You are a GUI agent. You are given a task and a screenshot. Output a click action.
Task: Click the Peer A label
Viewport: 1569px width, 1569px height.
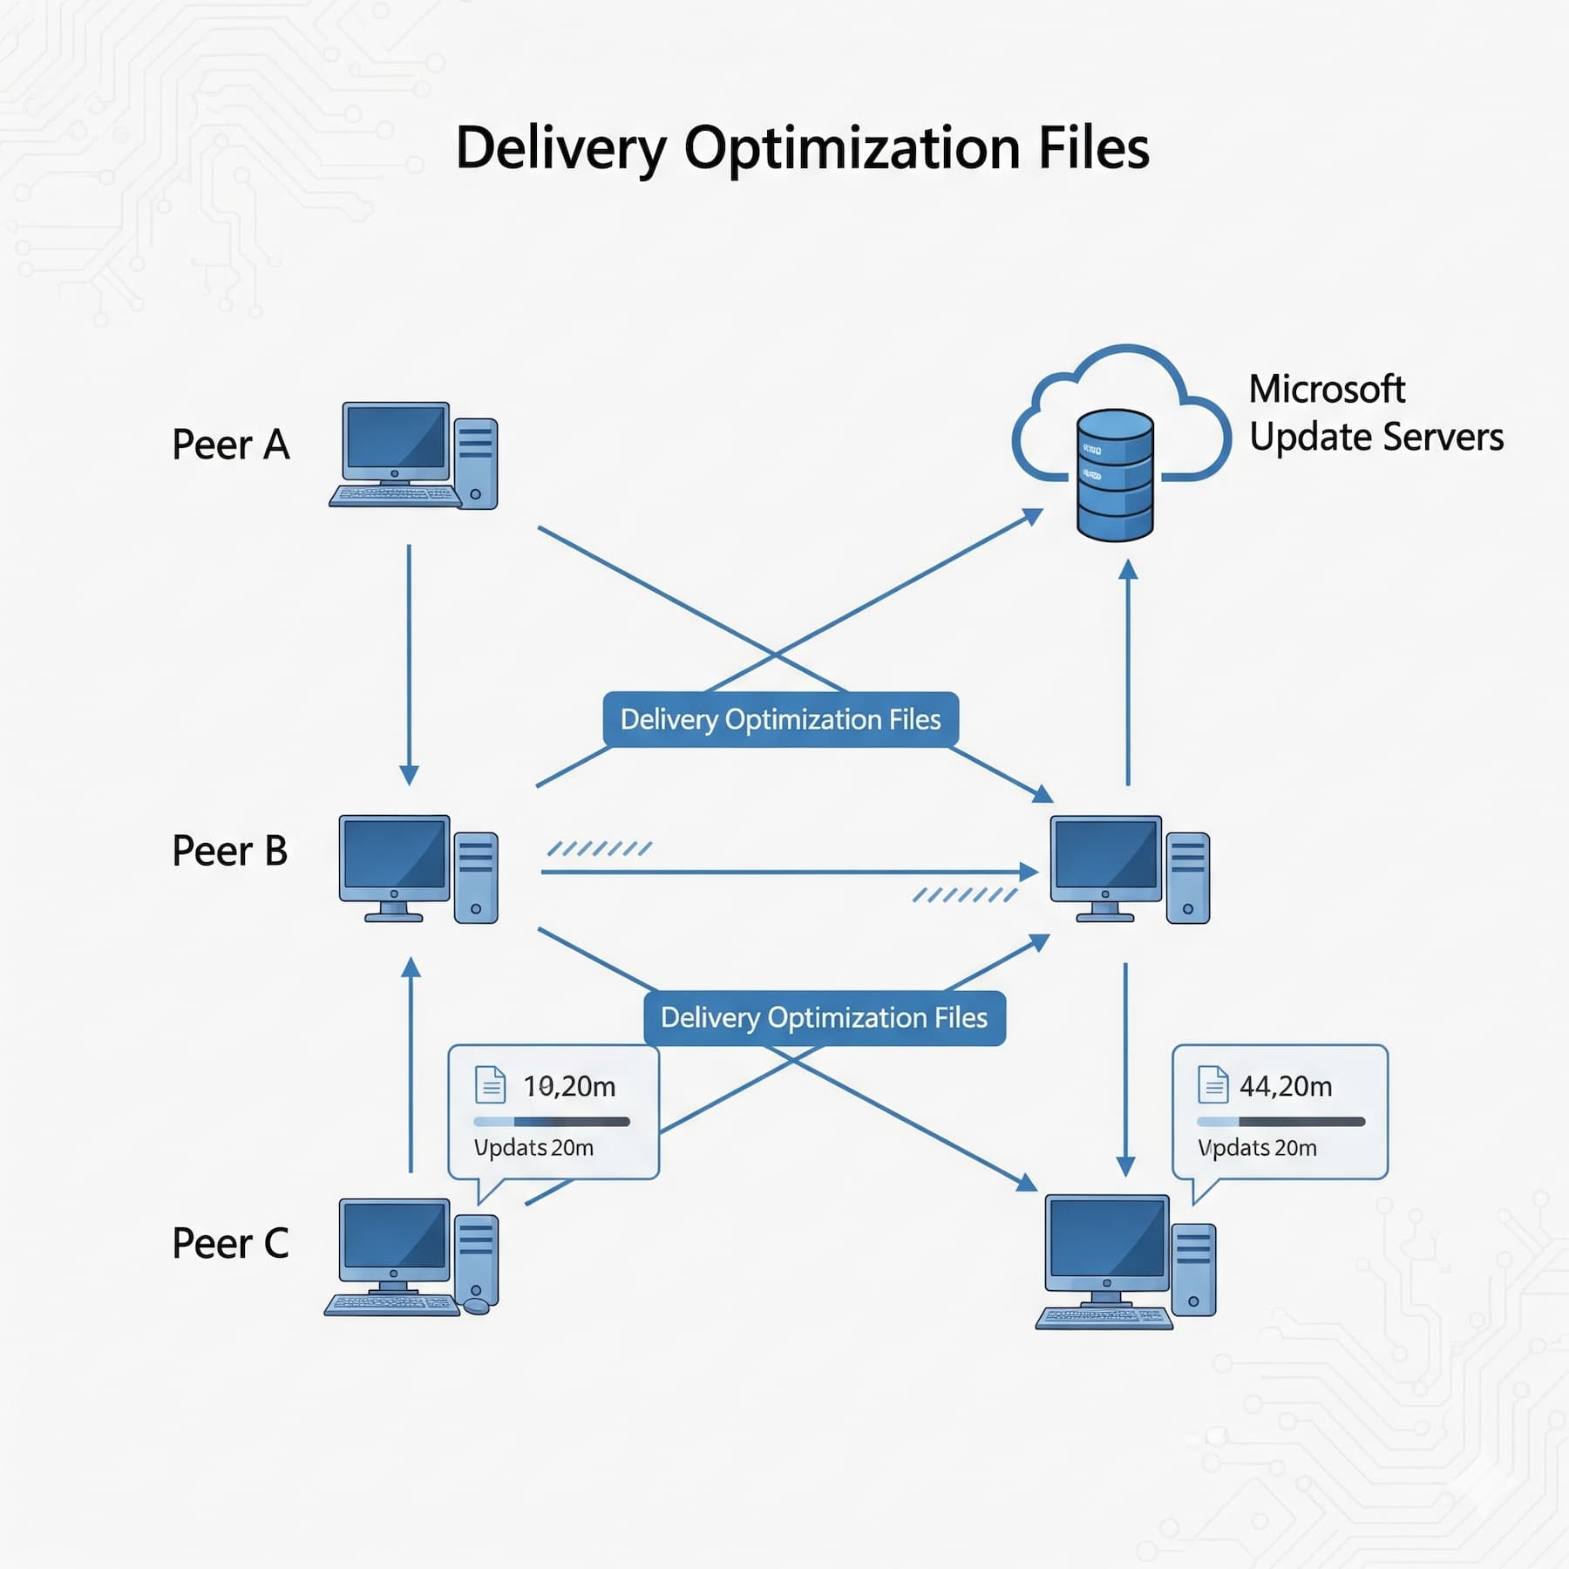pyautogui.click(x=230, y=445)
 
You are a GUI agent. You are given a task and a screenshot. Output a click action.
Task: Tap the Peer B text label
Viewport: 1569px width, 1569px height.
pyautogui.click(x=229, y=851)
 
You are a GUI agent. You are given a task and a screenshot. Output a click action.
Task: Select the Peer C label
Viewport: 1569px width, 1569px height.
pyautogui.click(x=230, y=1243)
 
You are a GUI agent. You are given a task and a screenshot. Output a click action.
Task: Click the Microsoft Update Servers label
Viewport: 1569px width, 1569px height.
pyautogui.click(x=1375, y=413)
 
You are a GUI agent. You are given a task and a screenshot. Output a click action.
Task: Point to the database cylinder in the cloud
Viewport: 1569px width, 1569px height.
pyautogui.click(x=1115, y=475)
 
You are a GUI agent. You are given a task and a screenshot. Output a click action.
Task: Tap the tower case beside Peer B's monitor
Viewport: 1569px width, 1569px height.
pyautogui.click(x=476, y=877)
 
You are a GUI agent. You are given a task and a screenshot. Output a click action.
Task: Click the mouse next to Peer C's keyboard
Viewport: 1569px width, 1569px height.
pyautogui.click(x=476, y=1305)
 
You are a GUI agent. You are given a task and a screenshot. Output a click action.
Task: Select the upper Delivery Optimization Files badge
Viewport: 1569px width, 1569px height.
pyautogui.click(x=780, y=719)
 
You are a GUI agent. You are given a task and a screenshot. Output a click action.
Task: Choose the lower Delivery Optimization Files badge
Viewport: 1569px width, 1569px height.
pyautogui.click(x=824, y=1017)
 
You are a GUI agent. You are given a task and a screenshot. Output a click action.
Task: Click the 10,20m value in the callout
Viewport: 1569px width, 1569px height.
pyautogui.click(x=569, y=1086)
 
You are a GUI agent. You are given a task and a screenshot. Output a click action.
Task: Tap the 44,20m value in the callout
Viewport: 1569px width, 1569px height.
pyautogui.click(x=1286, y=1086)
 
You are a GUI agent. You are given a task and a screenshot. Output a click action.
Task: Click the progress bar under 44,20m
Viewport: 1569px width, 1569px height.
pyautogui.click(x=1280, y=1122)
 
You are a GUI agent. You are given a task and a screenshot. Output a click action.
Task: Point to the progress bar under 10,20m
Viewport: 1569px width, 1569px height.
pyautogui.click(x=551, y=1122)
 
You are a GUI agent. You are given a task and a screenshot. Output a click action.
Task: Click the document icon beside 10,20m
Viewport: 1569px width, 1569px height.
pyautogui.click(x=490, y=1084)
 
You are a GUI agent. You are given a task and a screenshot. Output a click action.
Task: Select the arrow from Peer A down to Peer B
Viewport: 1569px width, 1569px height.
pyautogui.click(x=409, y=662)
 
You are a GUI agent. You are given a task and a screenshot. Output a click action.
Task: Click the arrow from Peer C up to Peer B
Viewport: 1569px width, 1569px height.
pyautogui.click(x=411, y=1063)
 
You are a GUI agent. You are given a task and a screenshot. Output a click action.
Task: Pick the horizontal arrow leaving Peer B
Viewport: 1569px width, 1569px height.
pyautogui.click(x=784, y=871)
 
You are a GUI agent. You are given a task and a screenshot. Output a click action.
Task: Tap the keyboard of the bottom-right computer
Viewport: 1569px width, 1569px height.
pyautogui.click(x=1104, y=1317)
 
